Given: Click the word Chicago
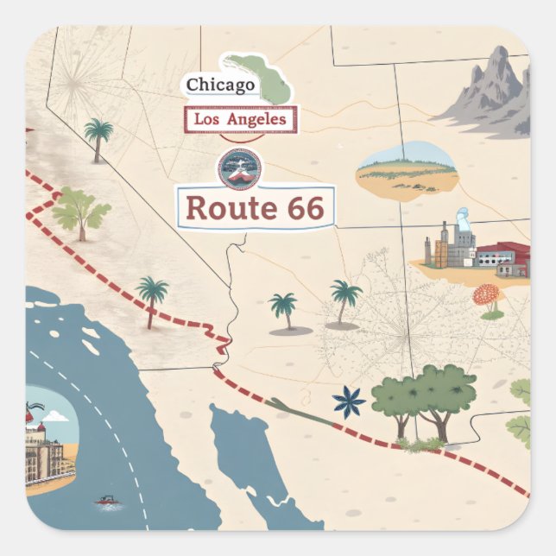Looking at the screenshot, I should coord(220,85).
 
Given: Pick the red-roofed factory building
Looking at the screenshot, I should coord(502,257).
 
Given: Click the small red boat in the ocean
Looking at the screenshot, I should coord(105,500).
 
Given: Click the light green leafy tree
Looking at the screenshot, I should coord(80,212).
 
